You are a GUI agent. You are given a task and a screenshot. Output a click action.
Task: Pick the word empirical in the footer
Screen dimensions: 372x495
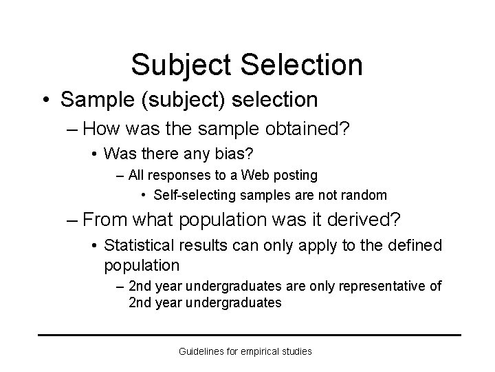[258, 351]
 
